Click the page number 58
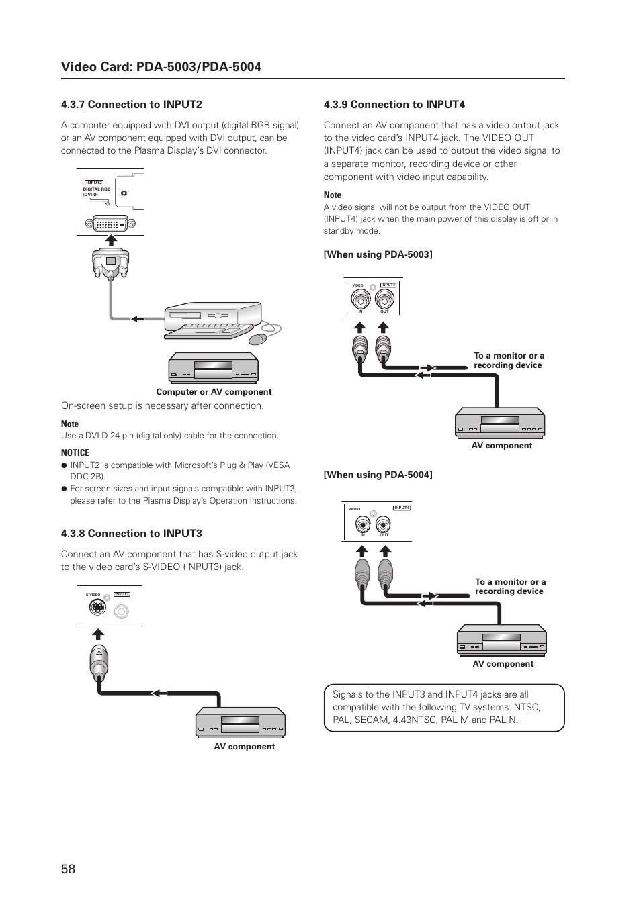(68, 869)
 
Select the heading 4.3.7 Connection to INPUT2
(131, 105)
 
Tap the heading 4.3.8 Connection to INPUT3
(131, 534)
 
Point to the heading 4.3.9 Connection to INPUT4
(394, 105)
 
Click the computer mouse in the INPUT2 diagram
(259, 338)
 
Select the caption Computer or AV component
(214, 392)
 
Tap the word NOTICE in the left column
(75, 452)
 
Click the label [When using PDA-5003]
(378, 254)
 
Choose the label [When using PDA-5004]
(378, 475)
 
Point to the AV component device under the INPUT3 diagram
(241, 722)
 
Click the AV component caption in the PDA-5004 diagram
(503, 664)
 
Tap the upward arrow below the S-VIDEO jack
(99, 634)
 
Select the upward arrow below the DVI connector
(111, 241)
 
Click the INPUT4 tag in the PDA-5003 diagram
(388, 285)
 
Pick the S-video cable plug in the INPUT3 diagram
(99, 661)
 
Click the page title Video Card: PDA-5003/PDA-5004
(161, 66)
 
